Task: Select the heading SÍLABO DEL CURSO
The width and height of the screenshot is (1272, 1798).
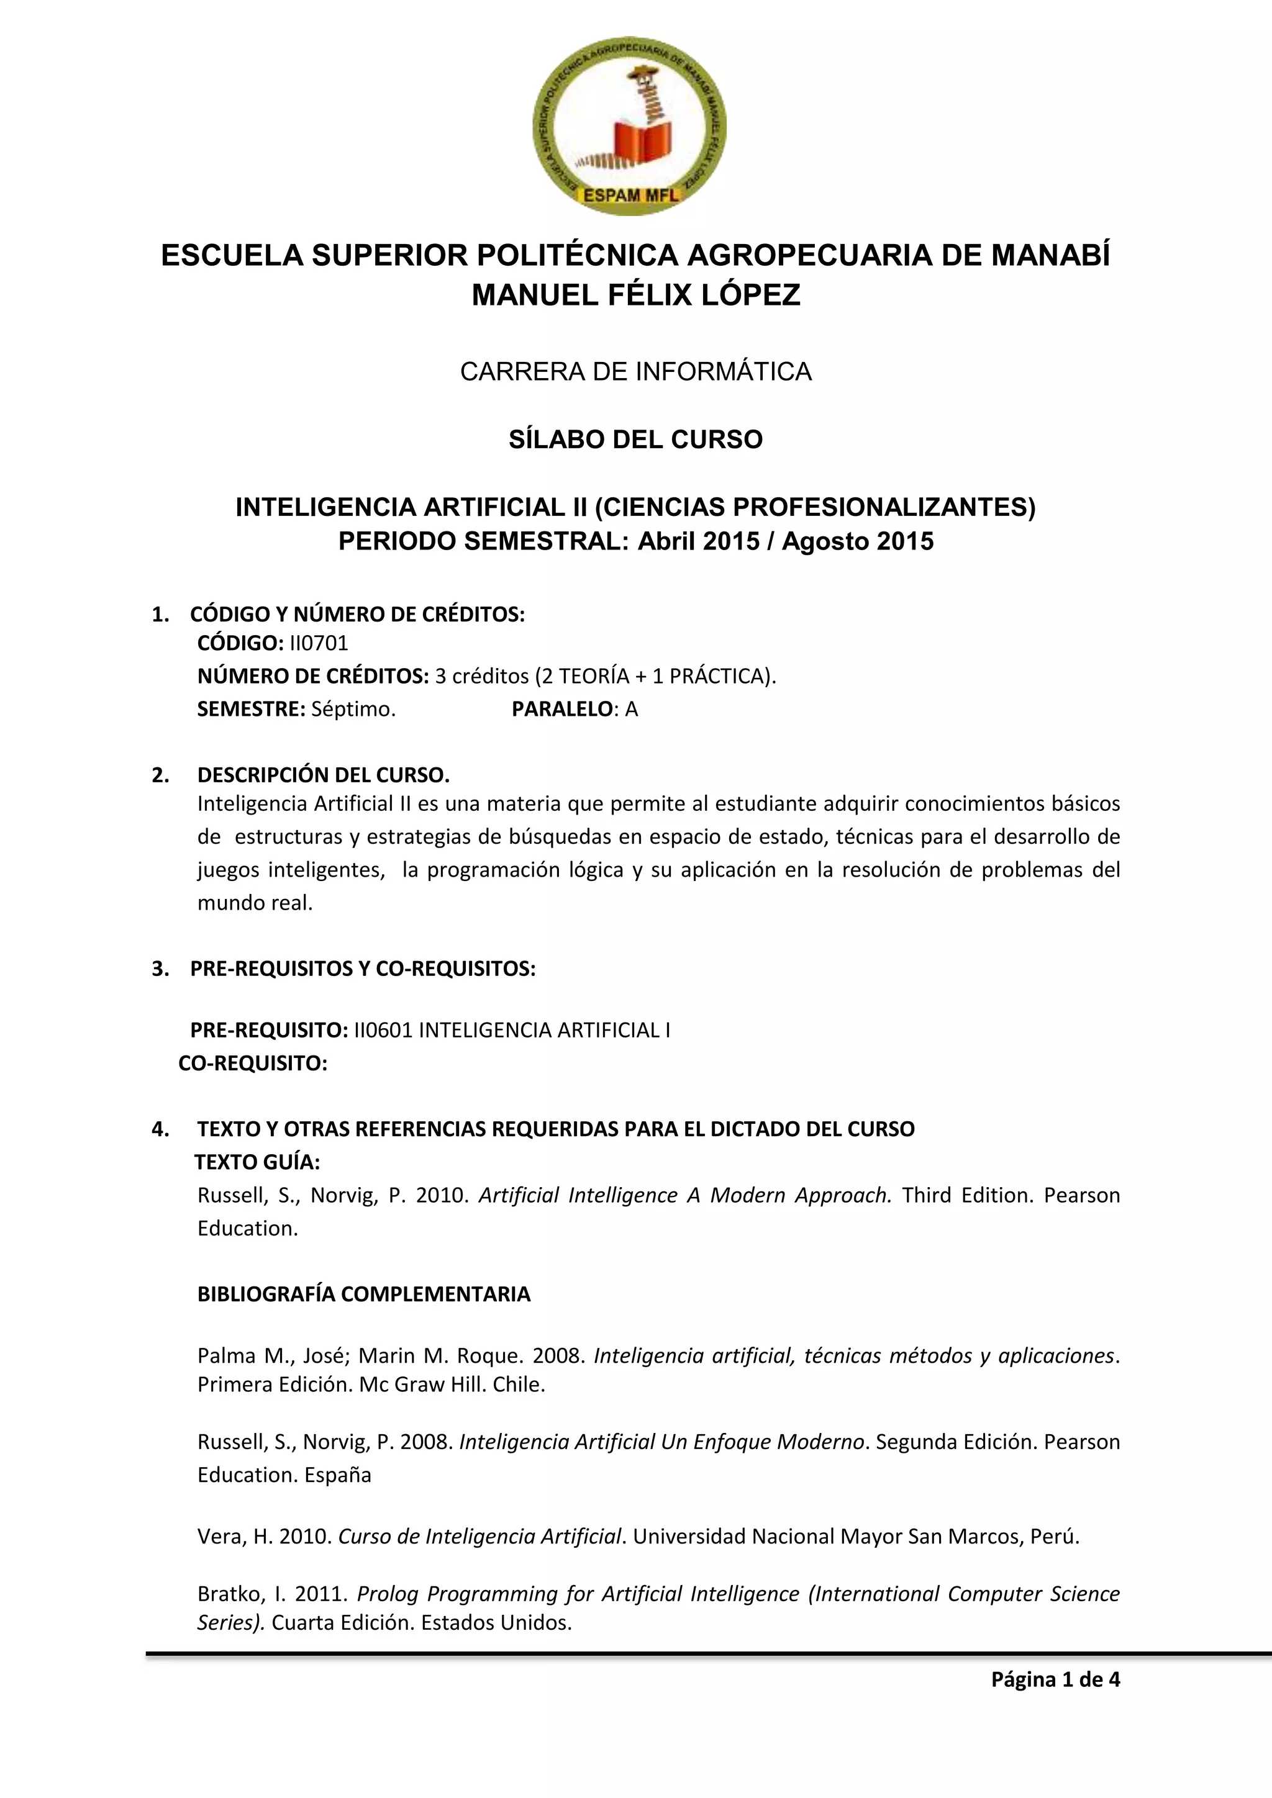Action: point(635,440)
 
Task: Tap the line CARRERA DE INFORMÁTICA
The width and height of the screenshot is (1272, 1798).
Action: point(635,371)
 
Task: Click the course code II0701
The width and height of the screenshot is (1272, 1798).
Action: point(319,644)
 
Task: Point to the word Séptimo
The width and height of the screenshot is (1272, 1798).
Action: point(353,710)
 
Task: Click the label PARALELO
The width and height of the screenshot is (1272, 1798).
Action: point(561,710)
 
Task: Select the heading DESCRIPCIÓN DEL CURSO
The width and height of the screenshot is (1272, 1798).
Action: point(324,775)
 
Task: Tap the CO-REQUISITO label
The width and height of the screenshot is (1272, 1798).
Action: point(253,1064)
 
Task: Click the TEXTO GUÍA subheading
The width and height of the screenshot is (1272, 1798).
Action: point(257,1162)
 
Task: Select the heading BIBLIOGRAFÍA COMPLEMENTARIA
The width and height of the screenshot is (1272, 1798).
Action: point(364,1294)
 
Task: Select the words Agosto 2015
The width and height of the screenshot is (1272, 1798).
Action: point(858,542)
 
